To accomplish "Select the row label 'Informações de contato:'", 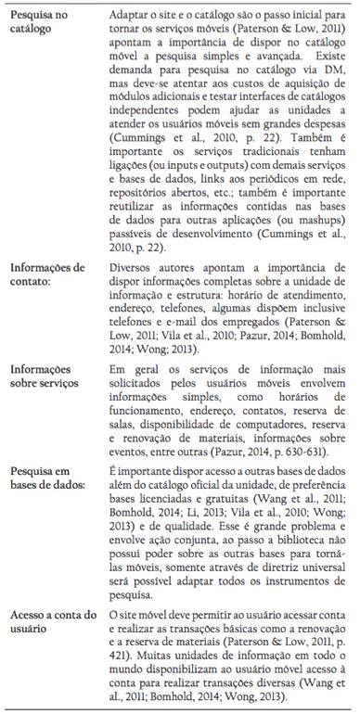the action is coord(52,274).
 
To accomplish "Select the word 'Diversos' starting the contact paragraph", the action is coord(134,268).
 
